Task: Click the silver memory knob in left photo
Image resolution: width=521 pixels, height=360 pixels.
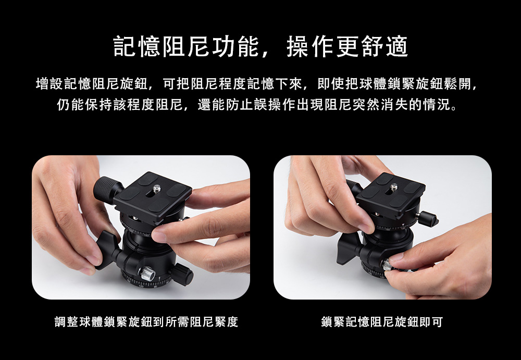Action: [x=147, y=273]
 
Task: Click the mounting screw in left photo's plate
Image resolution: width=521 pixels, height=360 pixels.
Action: [x=156, y=189]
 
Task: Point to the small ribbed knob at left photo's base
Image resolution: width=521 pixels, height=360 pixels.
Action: [x=182, y=274]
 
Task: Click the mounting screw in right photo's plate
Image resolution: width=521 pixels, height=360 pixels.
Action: [x=394, y=187]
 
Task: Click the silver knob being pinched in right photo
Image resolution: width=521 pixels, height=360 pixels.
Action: [x=387, y=265]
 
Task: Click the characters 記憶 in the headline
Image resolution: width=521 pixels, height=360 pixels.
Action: [x=137, y=46]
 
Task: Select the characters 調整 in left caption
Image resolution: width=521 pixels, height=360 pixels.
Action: [x=67, y=321]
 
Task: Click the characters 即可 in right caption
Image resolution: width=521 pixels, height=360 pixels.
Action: [x=431, y=321]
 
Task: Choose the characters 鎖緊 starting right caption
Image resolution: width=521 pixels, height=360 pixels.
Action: [x=333, y=321]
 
